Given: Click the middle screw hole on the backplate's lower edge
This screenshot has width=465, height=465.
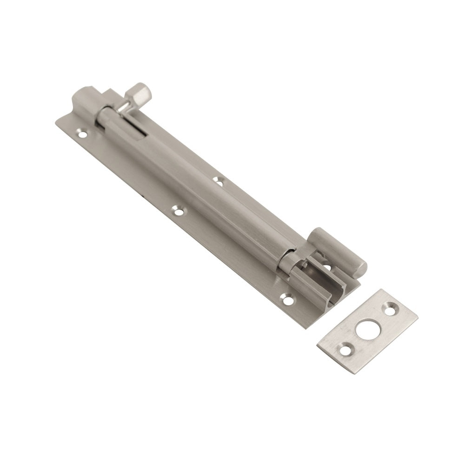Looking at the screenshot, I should pos(177,211).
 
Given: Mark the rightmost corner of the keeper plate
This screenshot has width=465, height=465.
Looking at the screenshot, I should pos(418,319).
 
